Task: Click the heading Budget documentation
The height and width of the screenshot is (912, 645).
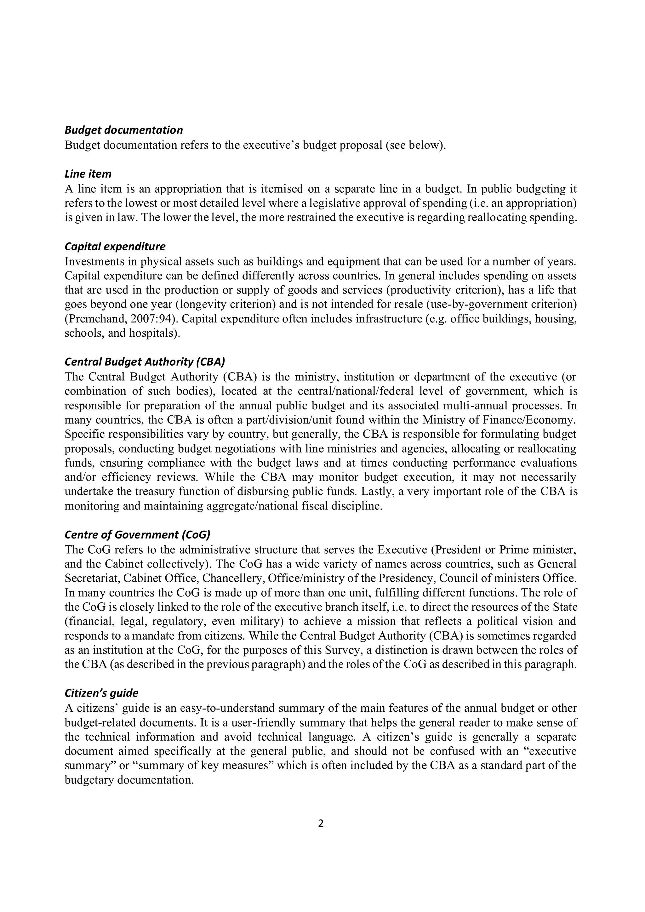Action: coord(123,130)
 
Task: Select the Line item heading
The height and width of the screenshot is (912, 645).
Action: coord(88,174)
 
